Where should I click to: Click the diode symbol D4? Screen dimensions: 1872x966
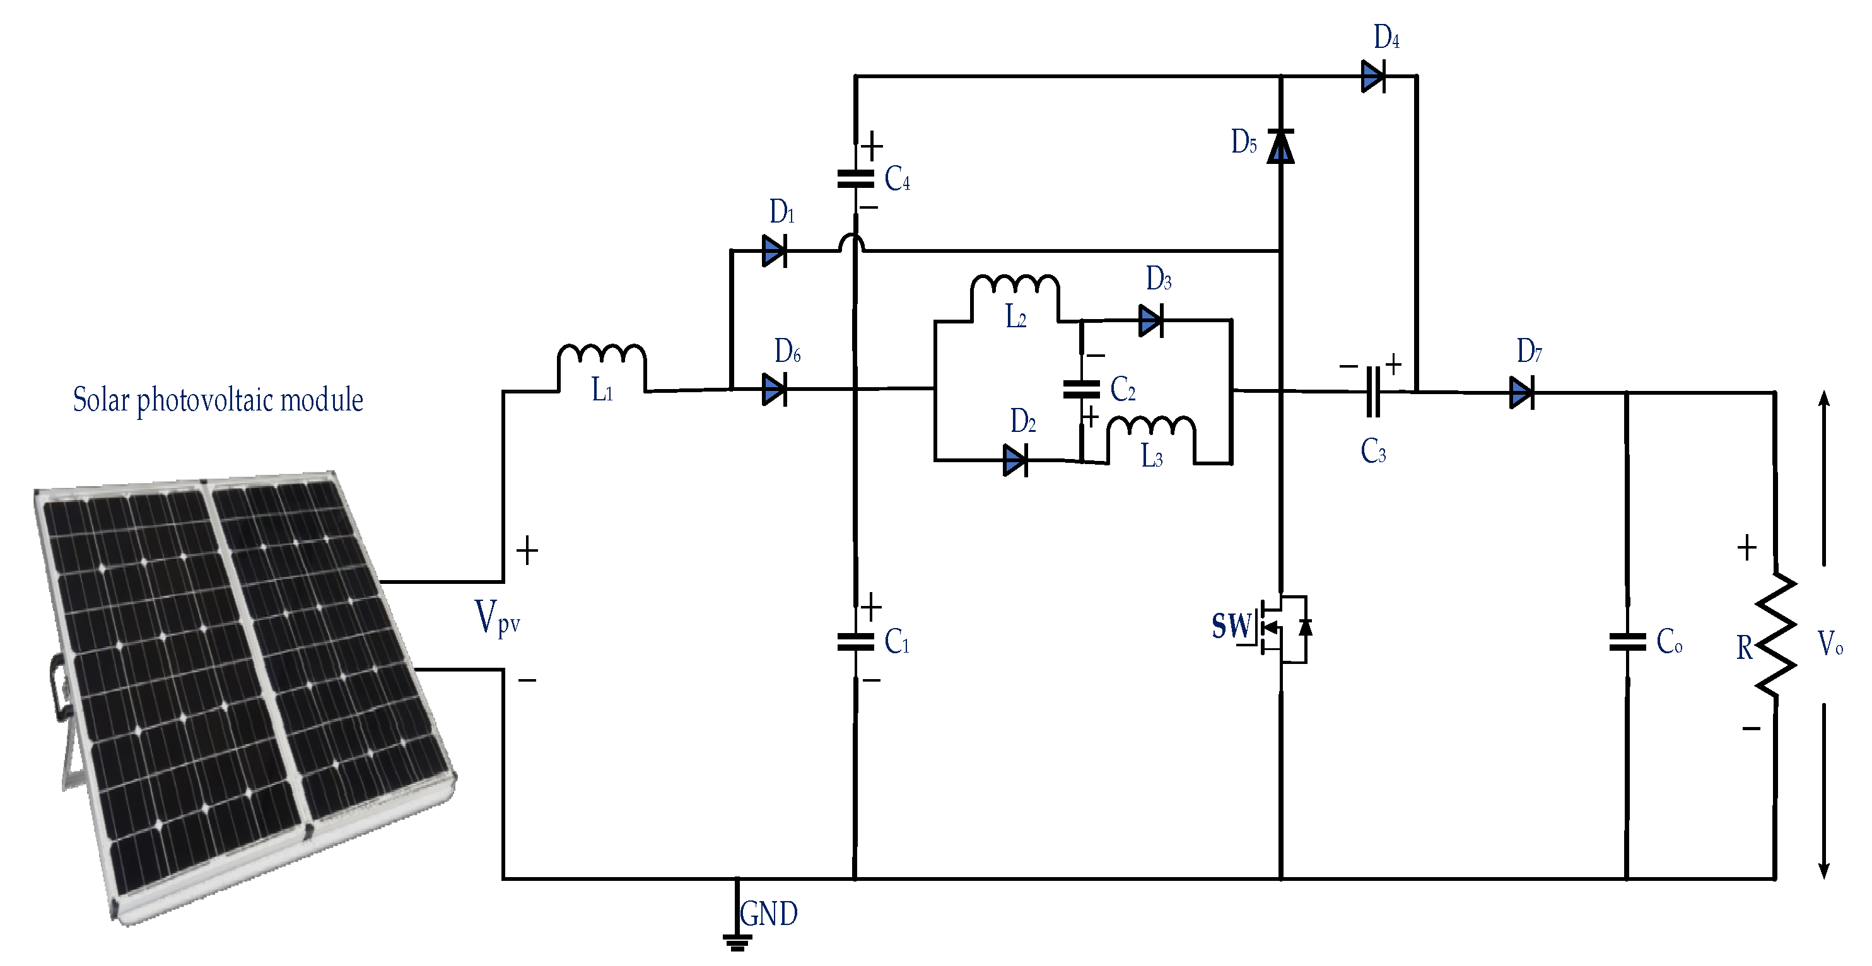point(1372,76)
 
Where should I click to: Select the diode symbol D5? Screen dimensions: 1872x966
point(1280,146)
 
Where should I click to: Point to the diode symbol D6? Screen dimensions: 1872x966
point(775,389)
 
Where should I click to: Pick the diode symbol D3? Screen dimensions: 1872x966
point(1151,320)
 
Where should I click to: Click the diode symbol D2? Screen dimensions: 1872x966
point(1015,460)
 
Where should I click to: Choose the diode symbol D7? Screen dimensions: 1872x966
point(1522,393)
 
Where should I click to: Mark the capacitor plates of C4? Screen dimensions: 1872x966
point(855,178)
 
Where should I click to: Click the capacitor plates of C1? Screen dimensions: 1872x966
point(855,642)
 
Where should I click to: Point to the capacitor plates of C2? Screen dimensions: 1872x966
point(1081,389)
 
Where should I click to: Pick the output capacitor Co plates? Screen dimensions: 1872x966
point(1627,642)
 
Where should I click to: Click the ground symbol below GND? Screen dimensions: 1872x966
point(737,942)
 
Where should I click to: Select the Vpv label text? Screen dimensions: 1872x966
point(497,619)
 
